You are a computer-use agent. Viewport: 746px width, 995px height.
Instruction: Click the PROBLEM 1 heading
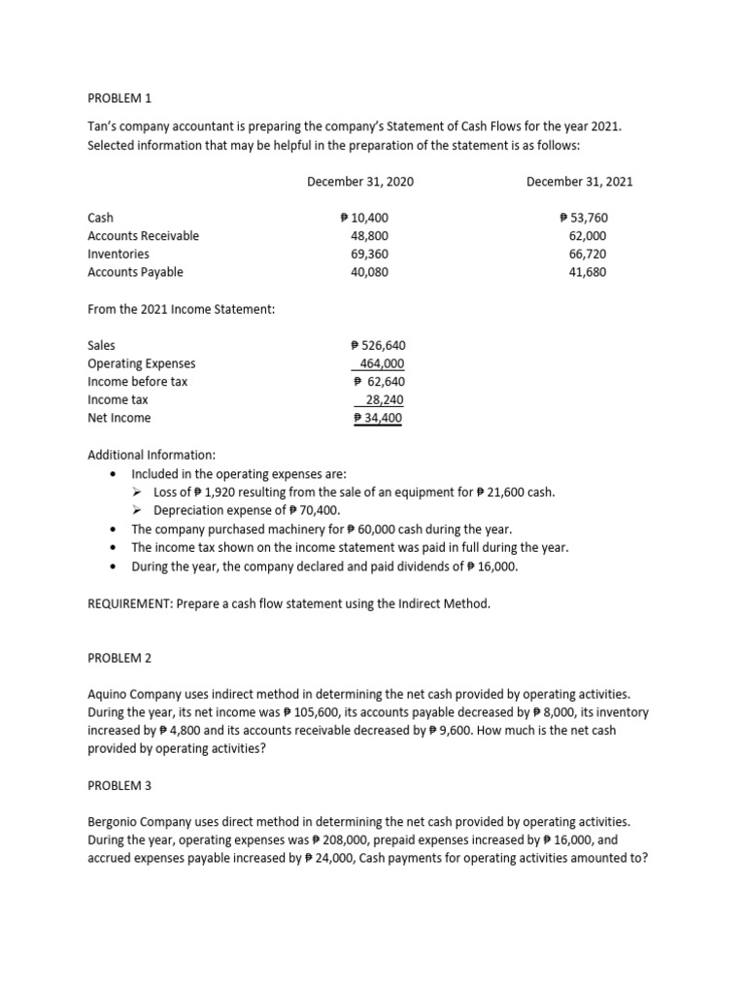point(119,99)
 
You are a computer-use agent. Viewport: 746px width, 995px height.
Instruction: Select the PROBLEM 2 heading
point(119,658)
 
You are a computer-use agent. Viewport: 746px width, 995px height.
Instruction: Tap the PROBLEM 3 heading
point(119,784)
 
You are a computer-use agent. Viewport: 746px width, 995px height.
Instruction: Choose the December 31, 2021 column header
point(580,182)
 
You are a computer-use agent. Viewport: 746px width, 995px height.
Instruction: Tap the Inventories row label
point(119,254)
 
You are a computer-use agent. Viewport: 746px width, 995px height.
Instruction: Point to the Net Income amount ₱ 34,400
point(378,418)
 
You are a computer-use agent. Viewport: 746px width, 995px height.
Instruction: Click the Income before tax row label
point(137,382)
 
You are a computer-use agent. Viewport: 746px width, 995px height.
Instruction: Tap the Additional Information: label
point(152,455)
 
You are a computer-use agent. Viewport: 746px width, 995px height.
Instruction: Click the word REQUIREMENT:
point(130,603)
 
